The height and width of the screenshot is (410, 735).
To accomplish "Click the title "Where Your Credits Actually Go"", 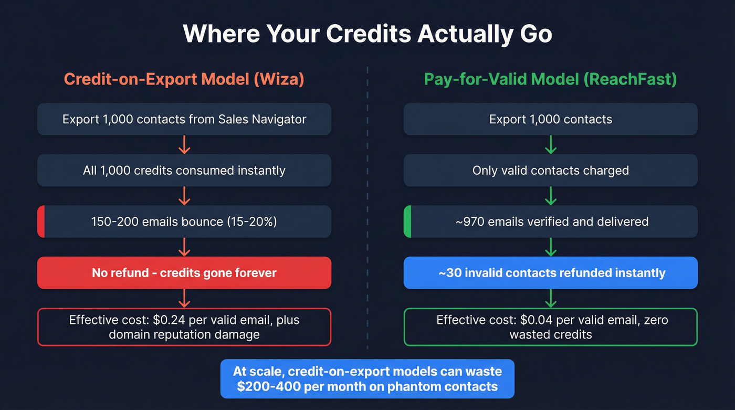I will point(367,34).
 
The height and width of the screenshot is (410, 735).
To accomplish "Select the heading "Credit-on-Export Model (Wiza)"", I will point(184,79).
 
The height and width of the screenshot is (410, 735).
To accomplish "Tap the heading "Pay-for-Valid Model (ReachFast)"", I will point(550,79).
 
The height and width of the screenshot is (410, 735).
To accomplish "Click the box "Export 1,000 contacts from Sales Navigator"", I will point(184,119).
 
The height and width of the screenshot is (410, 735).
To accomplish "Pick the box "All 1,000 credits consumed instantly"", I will point(184,170).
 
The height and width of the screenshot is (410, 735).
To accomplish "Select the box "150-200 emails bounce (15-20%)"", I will point(184,222).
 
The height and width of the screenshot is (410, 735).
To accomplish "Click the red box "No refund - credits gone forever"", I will point(184,272).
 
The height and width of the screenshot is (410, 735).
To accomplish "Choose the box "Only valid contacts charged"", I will point(550,170).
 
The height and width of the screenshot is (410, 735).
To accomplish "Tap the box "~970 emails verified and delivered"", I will point(550,222).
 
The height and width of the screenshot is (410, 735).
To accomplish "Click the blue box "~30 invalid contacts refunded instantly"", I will point(550,272).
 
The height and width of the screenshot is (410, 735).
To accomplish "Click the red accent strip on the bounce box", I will point(41,222).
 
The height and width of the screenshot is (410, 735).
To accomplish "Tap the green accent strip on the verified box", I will point(407,222).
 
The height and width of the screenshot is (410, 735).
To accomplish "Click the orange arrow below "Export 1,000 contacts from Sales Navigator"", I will point(184,144).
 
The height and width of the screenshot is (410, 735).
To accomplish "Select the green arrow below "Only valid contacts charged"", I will point(550,195).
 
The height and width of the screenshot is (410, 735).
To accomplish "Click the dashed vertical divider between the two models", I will point(367,210).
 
